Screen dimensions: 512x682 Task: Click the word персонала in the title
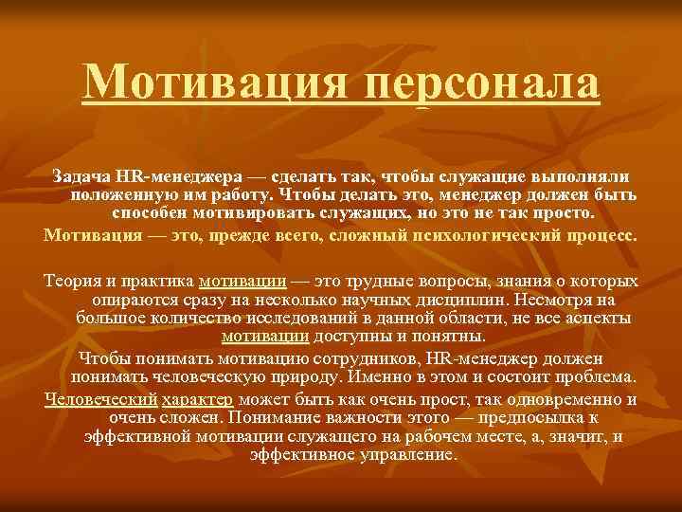[483, 85]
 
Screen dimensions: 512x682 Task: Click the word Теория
[72, 282]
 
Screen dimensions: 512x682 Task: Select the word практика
[158, 282]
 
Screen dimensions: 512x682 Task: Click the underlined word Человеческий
[100, 398]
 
